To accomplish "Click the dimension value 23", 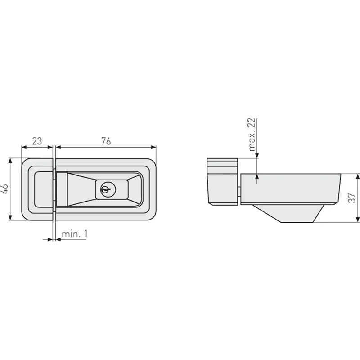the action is (x=37, y=141).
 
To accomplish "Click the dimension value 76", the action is (x=106, y=141).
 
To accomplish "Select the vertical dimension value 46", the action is (x=5, y=189).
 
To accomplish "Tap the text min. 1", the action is (x=75, y=234).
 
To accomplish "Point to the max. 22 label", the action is (x=252, y=135).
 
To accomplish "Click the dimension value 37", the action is (x=352, y=198).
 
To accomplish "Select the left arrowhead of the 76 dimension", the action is (x=58, y=147).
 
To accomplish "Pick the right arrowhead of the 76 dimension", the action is (x=153, y=147).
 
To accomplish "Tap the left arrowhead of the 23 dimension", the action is (x=24, y=147).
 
